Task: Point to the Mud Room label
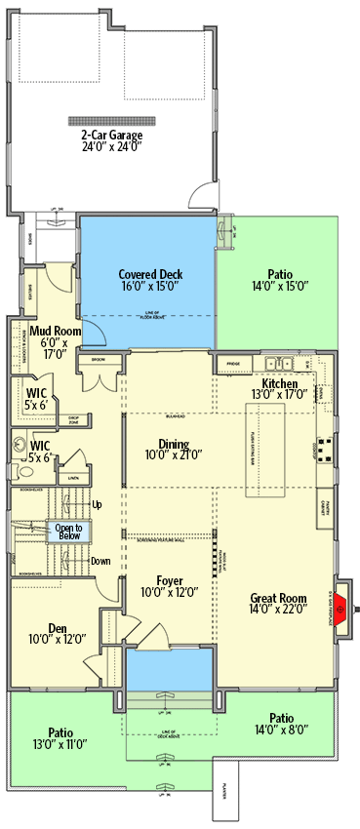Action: click(x=53, y=342)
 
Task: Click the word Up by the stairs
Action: click(x=97, y=504)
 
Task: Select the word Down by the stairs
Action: click(x=100, y=561)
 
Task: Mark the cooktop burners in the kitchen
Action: click(x=325, y=448)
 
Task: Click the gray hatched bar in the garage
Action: click(x=111, y=121)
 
